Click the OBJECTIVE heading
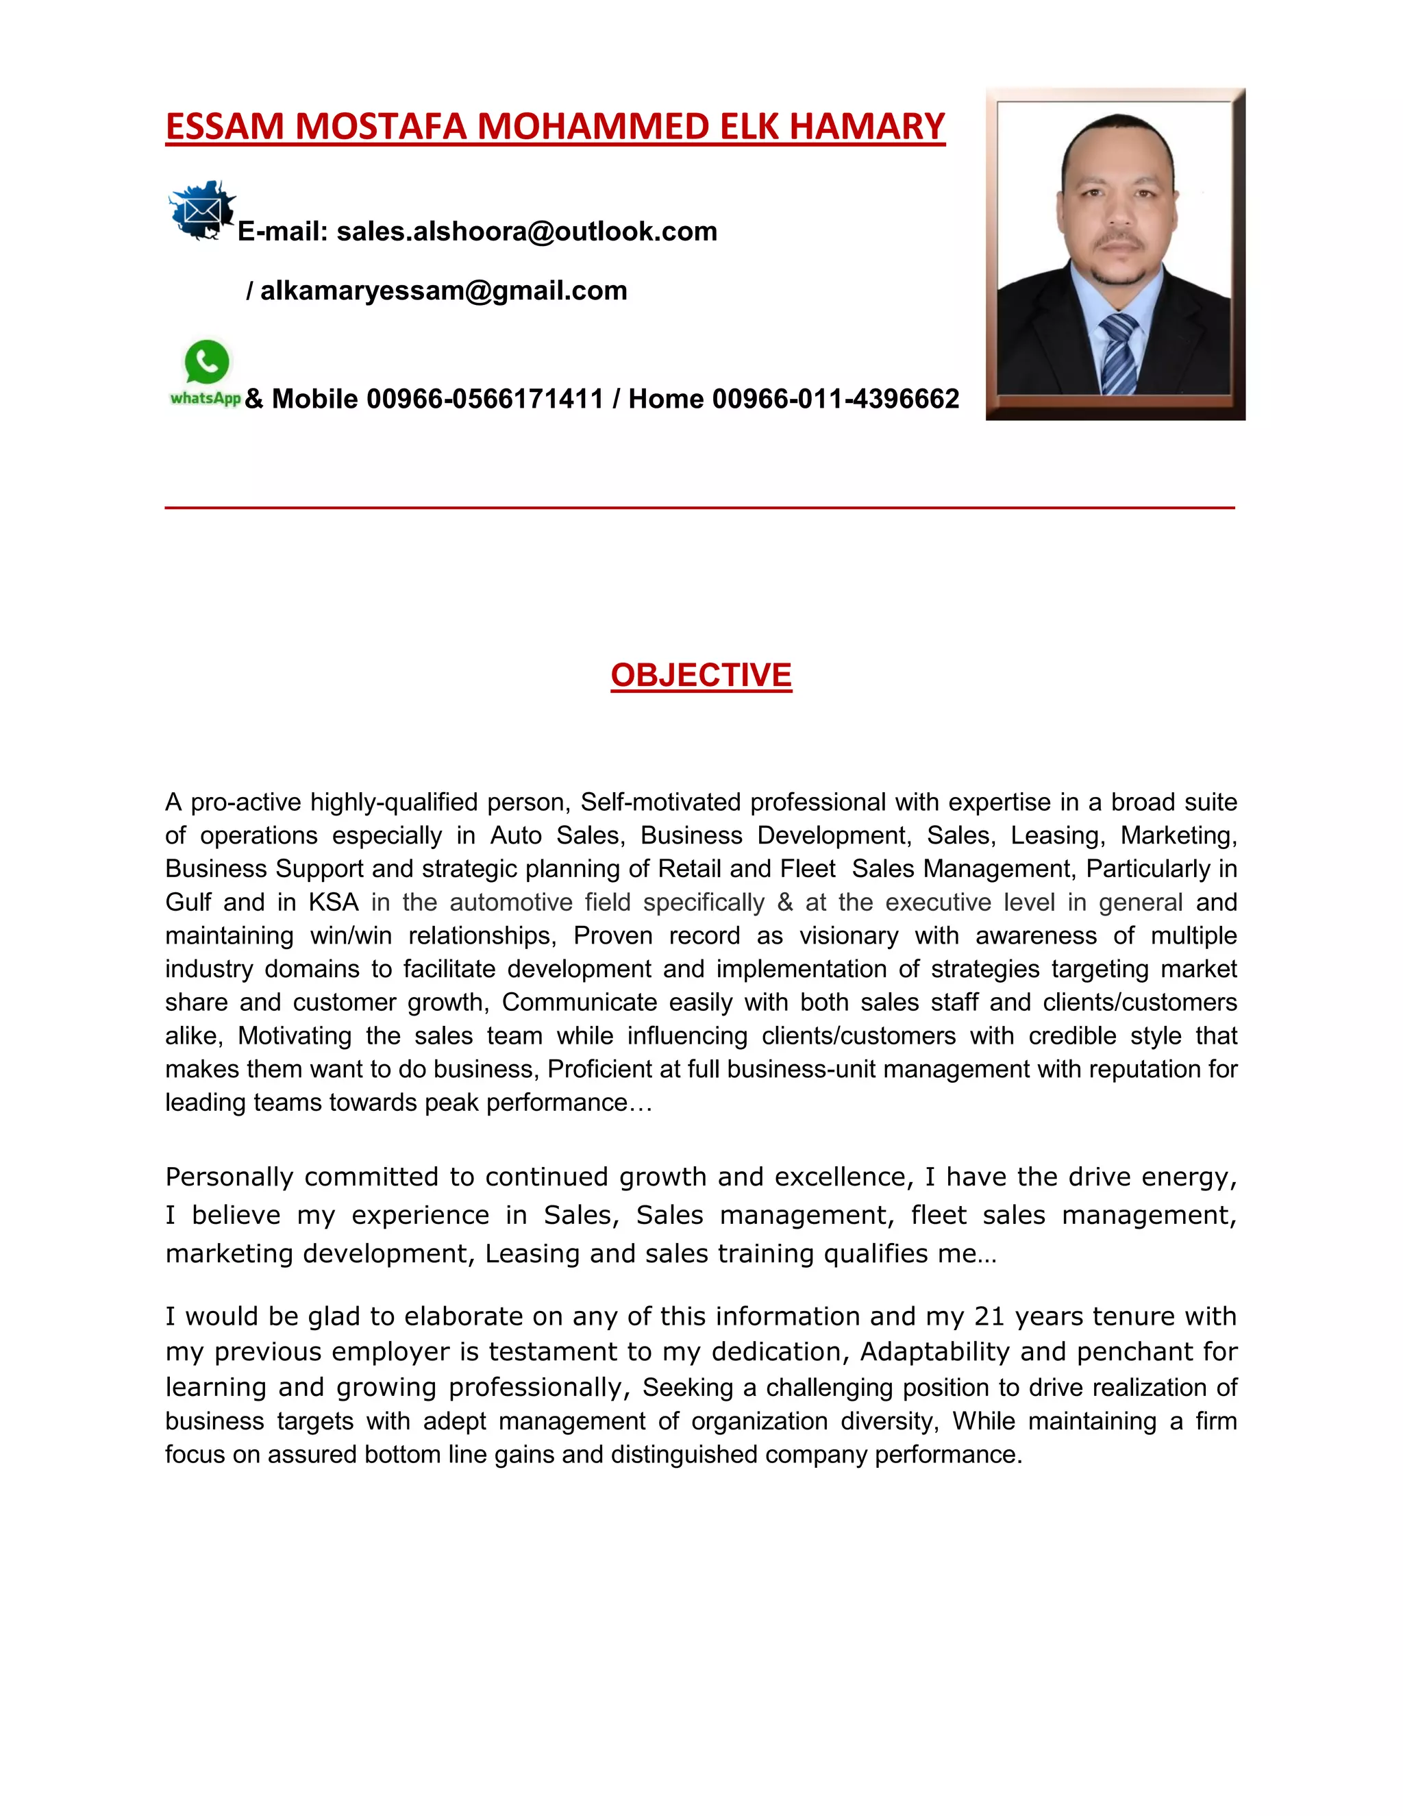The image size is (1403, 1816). pyautogui.click(x=701, y=675)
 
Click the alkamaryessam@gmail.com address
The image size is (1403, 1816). pyautogui.click(x=444, y=291)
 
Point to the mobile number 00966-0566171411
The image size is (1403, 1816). pyautogui.click(x=484, y=399)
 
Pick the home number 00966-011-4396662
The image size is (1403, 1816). pyautogui.click(x=835, y=399)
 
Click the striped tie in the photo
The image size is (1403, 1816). pyautogui.click(x=1118, y=354)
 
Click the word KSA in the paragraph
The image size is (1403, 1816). pyautogui.click(x=334, y=903)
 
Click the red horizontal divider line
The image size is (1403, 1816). pyautogui.click(x=700, y=507)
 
